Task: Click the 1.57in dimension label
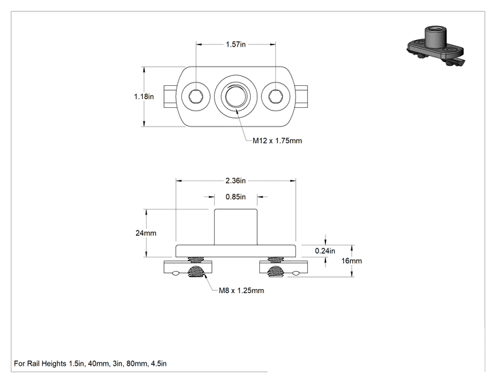click(x=235, y=44)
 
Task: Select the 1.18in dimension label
click(x=144, y=97)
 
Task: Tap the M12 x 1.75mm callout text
click(x=277, y=141)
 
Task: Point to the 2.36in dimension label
click(x=235, y=181)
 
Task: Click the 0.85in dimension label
click(x=235, y=197)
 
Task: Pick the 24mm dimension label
click(x=146, y=233)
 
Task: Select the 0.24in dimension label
click(x=325, y=250)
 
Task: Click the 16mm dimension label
click(x=351, y=260)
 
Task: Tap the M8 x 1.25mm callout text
click(x=241, y=290)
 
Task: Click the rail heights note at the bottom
click(x=90, y=364)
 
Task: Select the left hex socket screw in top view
click(x=195, y=96)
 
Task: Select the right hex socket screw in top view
click(x=276, y=96)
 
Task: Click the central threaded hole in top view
click(x=235, y=96)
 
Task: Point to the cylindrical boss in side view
click(x=235, y=226)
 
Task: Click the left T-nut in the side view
click(x=188, y=267)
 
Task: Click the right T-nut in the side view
click(x=284, y=267)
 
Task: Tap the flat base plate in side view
click(x=235, y=250)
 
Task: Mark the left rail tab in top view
click(x=170, y=97)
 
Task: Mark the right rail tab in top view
click(x=302, y=97)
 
